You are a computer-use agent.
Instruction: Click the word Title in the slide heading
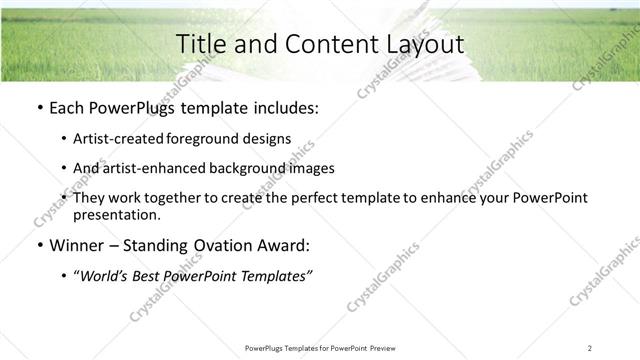(199, 44)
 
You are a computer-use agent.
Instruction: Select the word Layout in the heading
(426, 44)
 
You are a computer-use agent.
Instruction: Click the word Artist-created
(114, 139)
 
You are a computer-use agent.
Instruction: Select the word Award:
(289, 246)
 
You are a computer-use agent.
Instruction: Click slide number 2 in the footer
(590, 347)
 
